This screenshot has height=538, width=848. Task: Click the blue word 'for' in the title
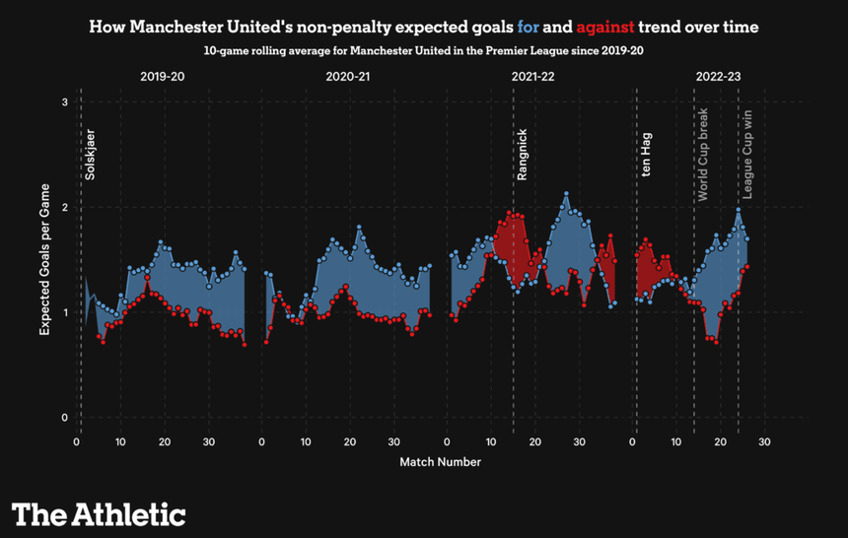point(529,27)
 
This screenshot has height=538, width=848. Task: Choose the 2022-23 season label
point(719,76)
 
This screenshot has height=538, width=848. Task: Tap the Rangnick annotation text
point(523,154)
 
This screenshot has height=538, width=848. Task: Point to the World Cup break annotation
point(703,155)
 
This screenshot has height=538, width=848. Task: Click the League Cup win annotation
point(747,156)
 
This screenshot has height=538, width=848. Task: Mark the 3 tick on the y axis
point(64,102)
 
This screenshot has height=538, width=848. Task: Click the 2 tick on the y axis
point(64,208)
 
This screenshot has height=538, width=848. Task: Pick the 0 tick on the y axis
point(64,418)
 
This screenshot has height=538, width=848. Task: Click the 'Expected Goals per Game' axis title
point(44,258)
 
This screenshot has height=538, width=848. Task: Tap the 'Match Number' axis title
point(440,461)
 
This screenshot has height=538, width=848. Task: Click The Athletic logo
point(99,513)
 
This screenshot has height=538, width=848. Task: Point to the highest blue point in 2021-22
point(566,194)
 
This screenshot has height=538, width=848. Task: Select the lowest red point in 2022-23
point(715,342)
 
